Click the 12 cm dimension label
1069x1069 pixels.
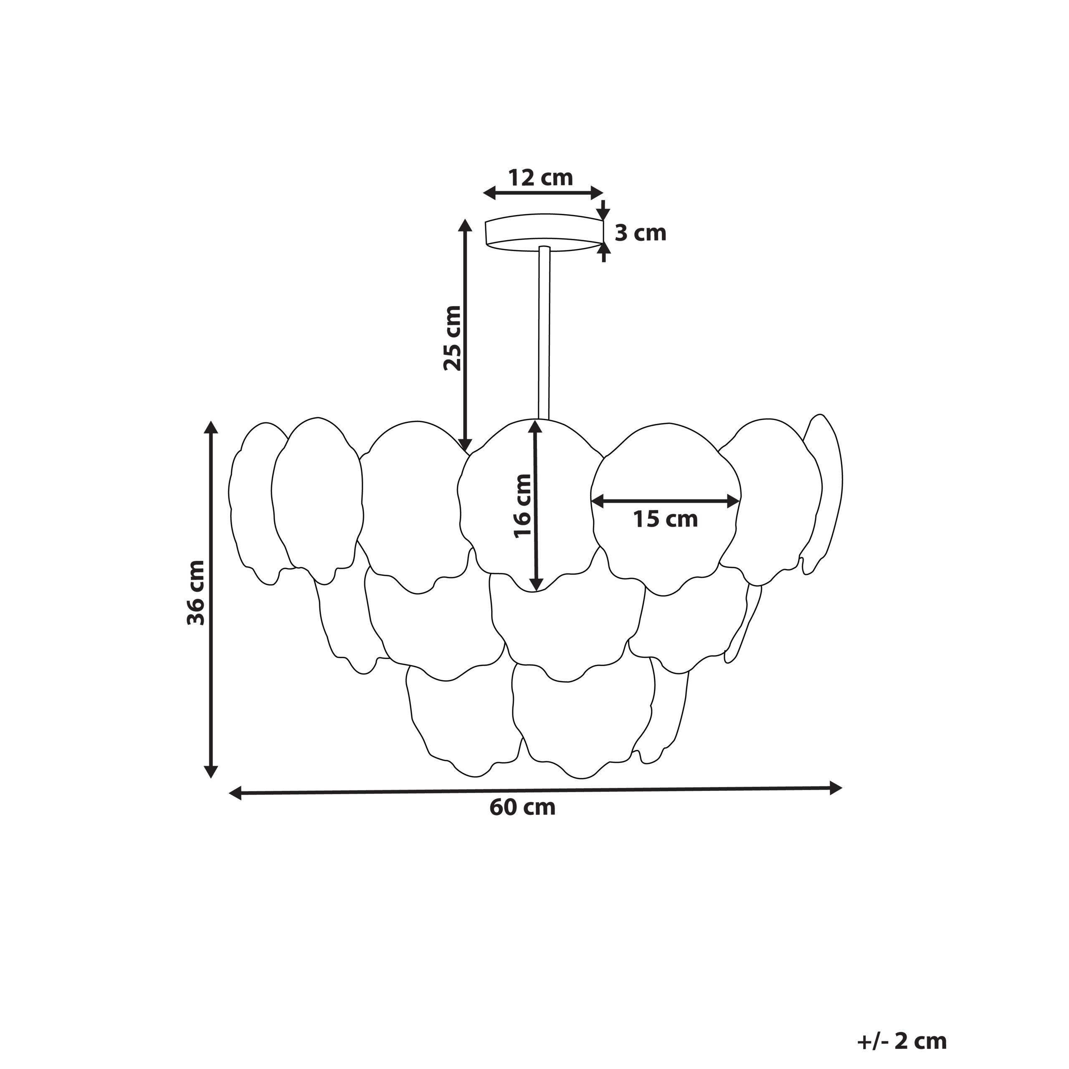(541, 178)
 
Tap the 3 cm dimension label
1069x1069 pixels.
(640, 233)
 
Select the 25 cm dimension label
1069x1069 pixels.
(452, 337)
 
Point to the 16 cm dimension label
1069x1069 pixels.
(522, 506)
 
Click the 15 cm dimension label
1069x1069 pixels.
(666, 519)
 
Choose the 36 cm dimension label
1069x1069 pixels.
(195, 593)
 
